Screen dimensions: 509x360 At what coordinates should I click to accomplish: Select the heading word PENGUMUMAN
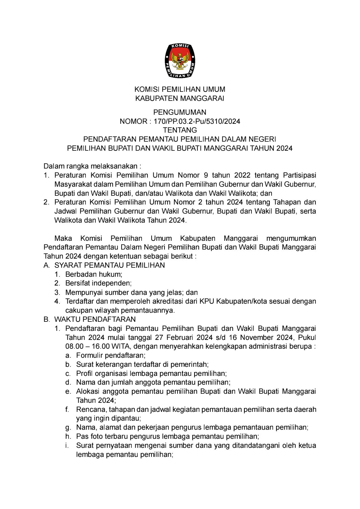[180, 112]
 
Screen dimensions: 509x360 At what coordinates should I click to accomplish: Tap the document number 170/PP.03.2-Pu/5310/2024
[197, 122]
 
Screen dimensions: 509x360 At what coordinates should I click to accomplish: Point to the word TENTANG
[180, 130]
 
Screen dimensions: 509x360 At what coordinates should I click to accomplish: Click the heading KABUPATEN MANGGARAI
[180, 99]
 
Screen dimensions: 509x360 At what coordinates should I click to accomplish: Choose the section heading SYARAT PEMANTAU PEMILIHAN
[110, 265]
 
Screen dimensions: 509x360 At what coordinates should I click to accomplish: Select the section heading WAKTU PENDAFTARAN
[95, 320]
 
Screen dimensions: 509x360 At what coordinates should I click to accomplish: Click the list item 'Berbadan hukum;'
[94, 274]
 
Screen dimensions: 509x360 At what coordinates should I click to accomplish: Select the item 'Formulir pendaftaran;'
[111, 355]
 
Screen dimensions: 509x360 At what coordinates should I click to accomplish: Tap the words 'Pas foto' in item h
[87, 436]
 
